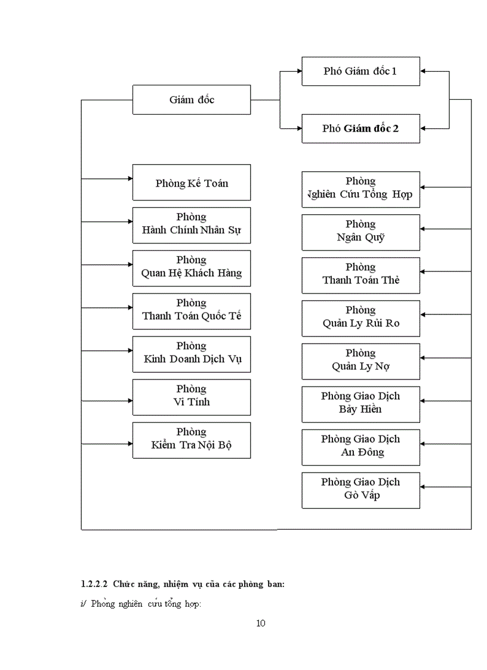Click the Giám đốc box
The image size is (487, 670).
click(x=192, y=100)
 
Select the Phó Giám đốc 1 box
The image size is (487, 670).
click(x=360, y=72)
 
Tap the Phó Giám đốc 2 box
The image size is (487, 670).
click(x=360, y=128)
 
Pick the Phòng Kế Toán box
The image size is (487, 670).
click(x=192, y=183)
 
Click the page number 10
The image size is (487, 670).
click(x=260, y=623)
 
